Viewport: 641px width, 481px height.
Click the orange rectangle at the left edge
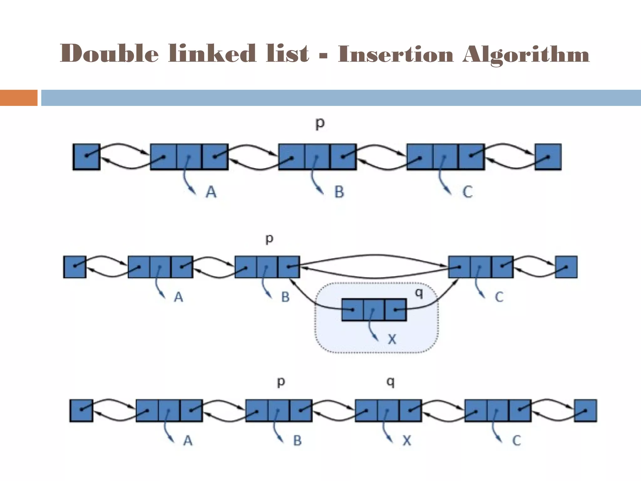pyautogui.click(x=18, y=98)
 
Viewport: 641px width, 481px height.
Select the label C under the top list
pyautogui.click(x=467, y=192)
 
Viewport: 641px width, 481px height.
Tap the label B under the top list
pyautogui.click(x=339, y=192)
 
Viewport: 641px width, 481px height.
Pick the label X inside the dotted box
pyautogui.click(x=392, y=339)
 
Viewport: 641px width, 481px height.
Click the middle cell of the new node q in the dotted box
pyautogui.click(x=374, y=310)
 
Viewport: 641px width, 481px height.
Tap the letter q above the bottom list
pyautogui.click(x=391, y=382)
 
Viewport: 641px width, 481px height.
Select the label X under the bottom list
pyautogui.click(x=407, y=441)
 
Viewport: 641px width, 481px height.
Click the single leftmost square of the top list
pyautogui.click(x=86, y=157)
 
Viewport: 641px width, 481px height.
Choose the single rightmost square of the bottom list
pyautogui.click(x=585, y=411)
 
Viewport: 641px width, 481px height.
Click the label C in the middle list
pyautogui.click(x=499, y=297)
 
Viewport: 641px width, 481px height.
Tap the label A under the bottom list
pyautogui.click(x=187, y=441)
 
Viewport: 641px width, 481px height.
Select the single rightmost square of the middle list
pyautogui.click(x=566, y=267)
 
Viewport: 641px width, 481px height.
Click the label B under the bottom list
pyautogui.click(x=297, y=441)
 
